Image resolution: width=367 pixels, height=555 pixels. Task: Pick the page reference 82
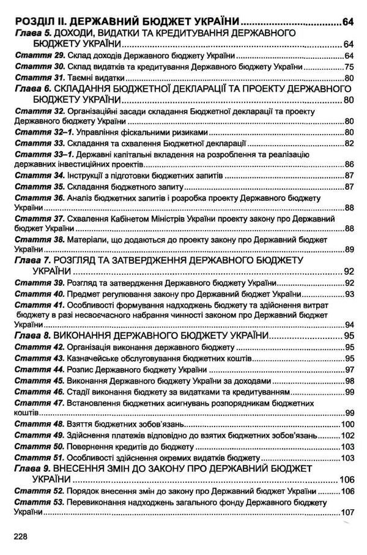coord(349,143)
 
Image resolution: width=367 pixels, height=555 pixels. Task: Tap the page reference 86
coord(349,165)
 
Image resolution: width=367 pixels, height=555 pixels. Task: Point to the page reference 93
coord(349,293)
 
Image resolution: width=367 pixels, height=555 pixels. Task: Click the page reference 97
coord(349,369)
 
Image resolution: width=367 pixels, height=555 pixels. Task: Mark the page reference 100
coord(347,424)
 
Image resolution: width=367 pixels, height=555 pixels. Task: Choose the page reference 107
coord(347,512)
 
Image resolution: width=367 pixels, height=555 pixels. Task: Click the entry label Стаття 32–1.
coord(41,132)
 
